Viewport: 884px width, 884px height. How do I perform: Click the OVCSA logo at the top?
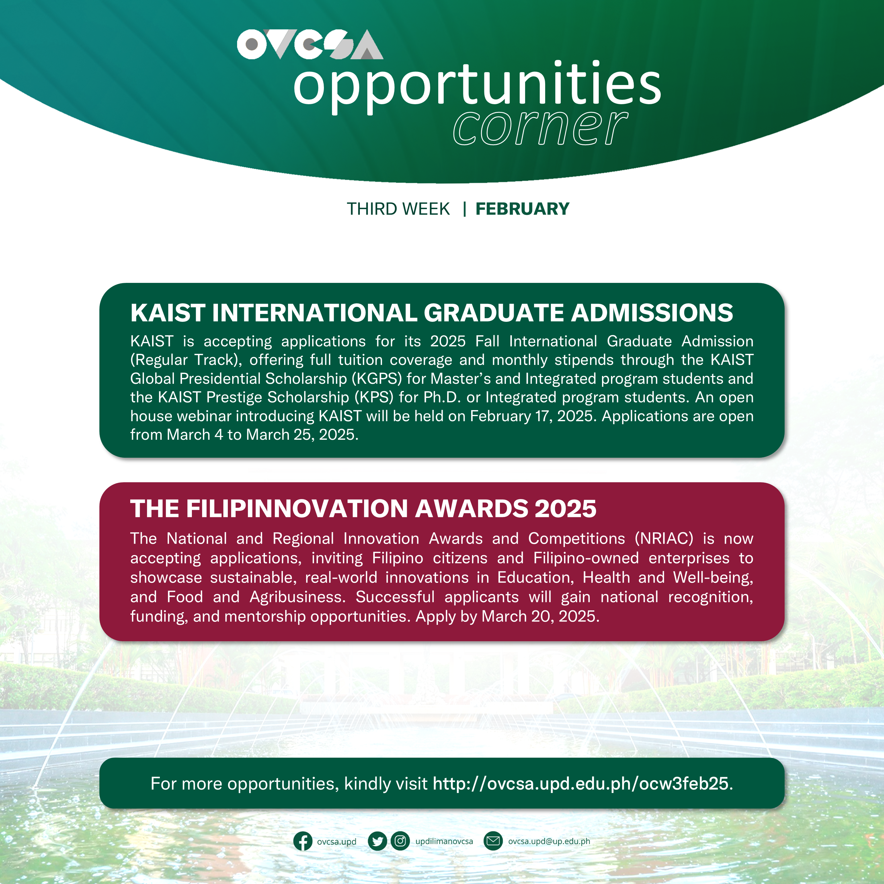[x=310, y=44]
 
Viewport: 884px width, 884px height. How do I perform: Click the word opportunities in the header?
[x=477, y=85]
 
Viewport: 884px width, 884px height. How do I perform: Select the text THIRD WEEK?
[x=398, y=209]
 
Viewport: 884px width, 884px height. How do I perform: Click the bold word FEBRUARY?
[x=522, y=209]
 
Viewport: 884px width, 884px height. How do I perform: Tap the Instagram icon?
[x=400, y=841]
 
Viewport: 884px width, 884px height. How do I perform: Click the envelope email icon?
[x=493, y=841]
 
